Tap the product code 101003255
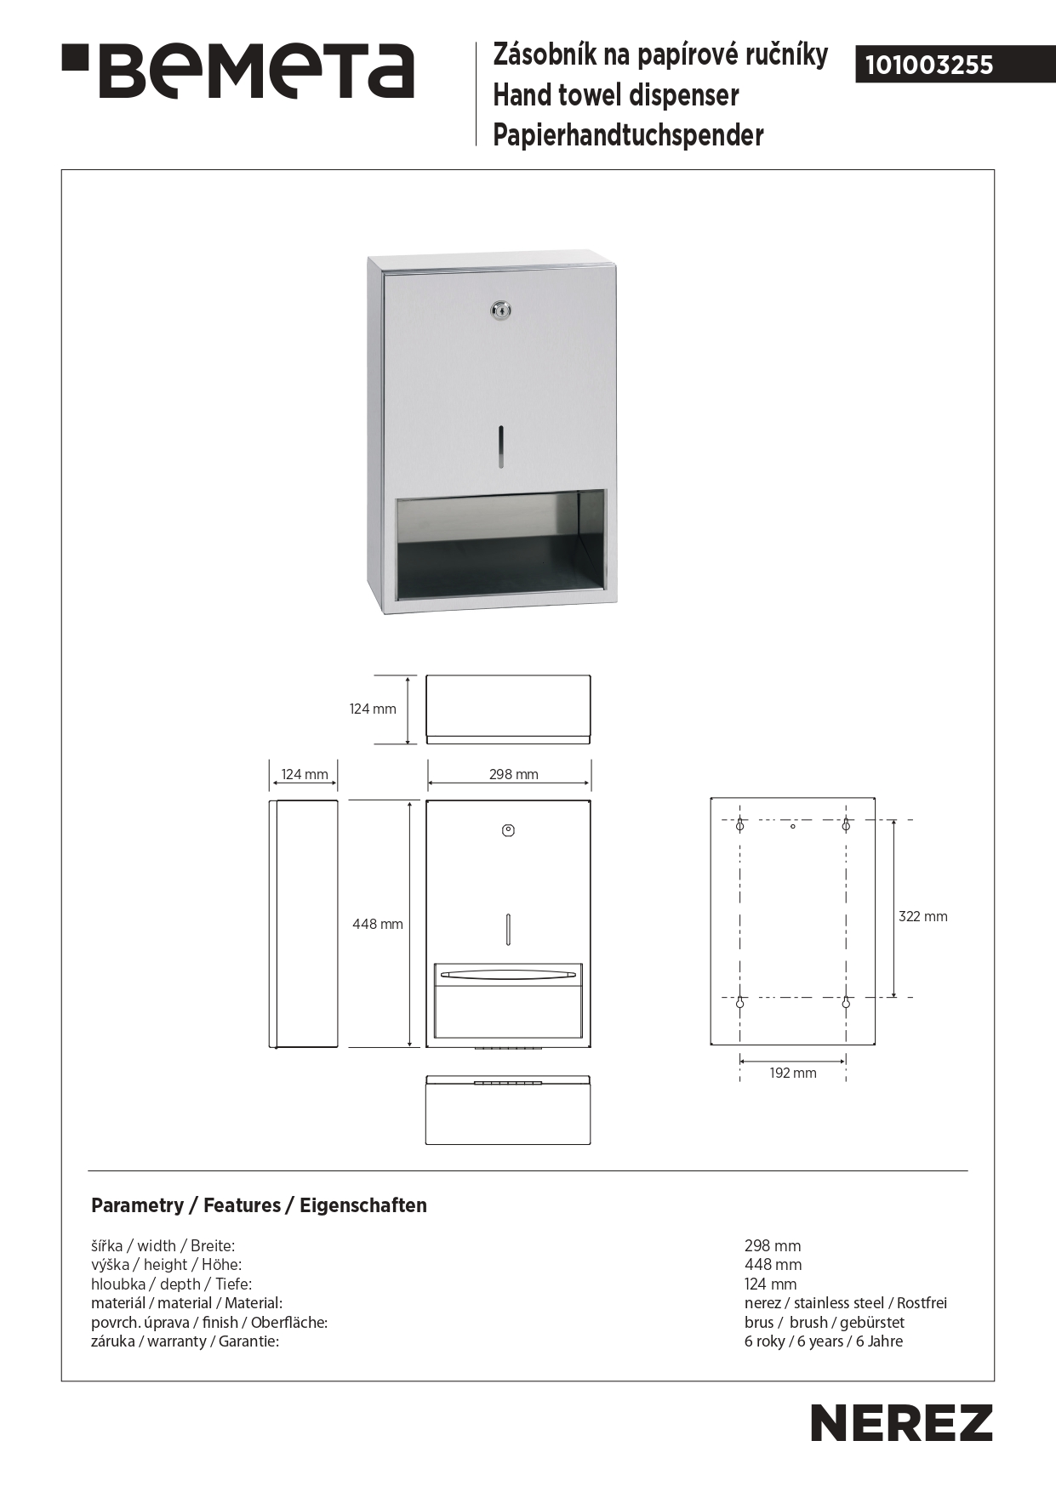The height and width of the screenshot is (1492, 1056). [929, 65]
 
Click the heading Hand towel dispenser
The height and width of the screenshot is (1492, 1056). [616, 95]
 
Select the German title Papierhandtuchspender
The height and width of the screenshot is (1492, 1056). [628, 134]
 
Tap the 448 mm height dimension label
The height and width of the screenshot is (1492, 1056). [378, 924]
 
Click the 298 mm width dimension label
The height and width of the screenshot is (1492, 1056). [513, 774]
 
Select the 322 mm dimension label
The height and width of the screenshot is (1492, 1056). [922, 916]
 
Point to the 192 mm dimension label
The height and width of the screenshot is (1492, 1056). [793, 1073]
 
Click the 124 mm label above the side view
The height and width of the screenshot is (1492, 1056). [305, 774]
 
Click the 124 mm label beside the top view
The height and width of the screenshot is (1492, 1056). [373, 709]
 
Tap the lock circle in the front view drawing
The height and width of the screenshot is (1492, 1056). [508, 830]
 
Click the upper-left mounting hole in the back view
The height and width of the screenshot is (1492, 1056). [739, 825]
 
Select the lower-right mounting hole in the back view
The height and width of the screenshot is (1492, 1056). [846, 1003]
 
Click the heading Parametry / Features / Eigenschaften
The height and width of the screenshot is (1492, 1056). [259, 1205]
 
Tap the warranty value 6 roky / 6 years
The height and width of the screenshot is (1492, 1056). [823, 1341]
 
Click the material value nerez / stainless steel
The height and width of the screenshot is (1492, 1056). [845, 1303]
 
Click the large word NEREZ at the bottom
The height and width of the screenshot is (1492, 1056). [901, 1423]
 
